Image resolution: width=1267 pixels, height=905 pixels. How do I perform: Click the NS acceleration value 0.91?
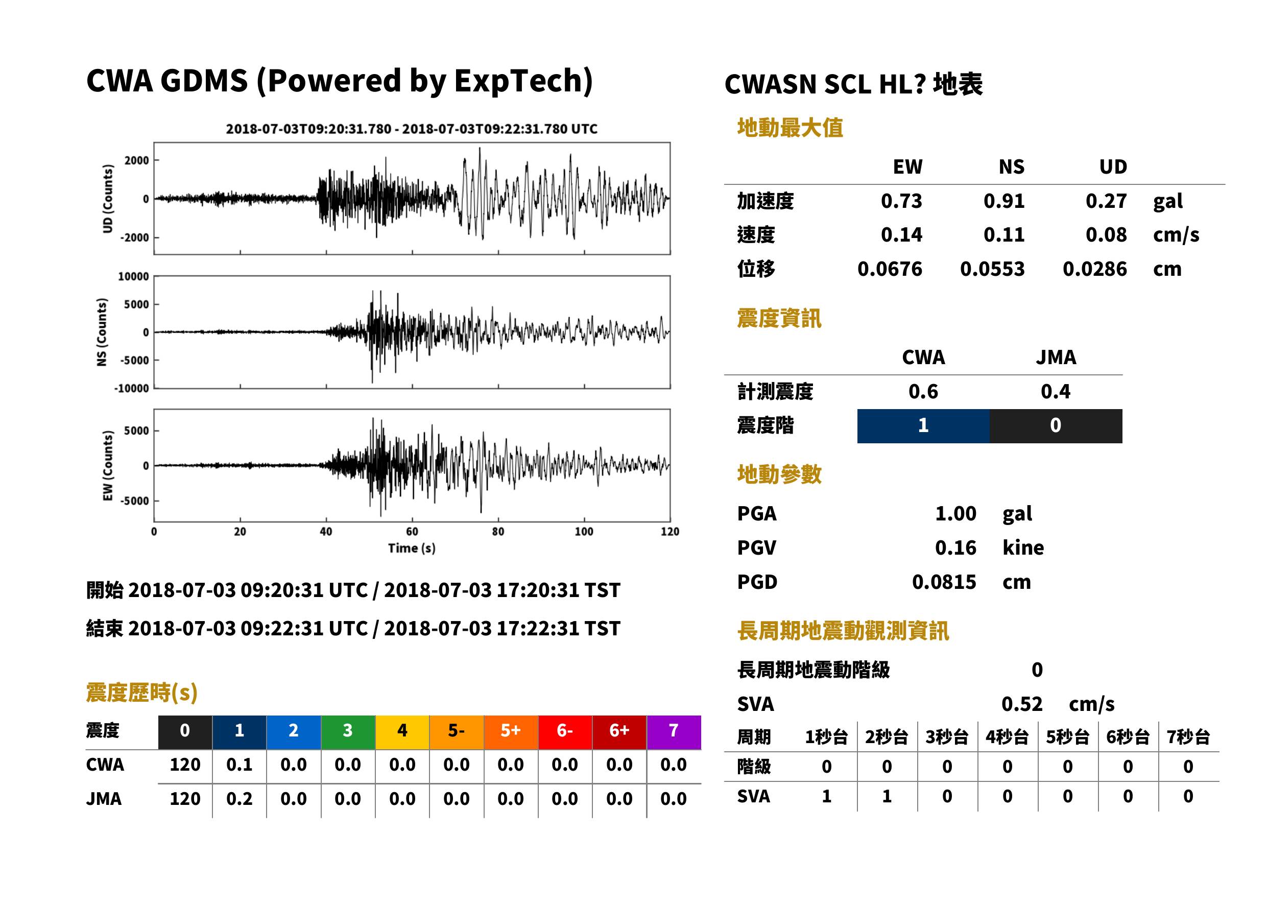click(x=1003, y=201)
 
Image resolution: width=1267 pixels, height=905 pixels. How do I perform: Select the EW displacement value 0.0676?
click(x=889, y=269)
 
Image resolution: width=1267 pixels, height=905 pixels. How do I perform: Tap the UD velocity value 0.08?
click(x=1106, y=234)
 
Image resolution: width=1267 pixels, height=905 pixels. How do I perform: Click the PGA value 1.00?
click(x=955, y=513)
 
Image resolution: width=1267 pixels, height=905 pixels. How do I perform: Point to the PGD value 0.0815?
click(x=944, y=582)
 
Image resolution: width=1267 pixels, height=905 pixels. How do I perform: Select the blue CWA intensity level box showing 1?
click(x=923, y=426)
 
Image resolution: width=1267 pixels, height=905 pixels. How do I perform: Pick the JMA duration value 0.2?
click(x=239, y=799)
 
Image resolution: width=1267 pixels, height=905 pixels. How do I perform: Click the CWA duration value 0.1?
click(x=239, y=765)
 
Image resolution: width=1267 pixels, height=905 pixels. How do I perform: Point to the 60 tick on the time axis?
click(x=412, y=532)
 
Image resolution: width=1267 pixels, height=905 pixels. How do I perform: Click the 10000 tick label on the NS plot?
click(x=133, y=276)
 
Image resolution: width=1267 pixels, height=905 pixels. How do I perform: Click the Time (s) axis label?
click(x=412, y=549)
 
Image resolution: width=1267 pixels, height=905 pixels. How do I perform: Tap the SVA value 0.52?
click(x=1021, y=704)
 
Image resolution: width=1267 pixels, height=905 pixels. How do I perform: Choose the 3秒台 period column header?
click(x=947, y=736)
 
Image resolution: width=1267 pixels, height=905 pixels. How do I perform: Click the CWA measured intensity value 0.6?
click(x=923, y=391)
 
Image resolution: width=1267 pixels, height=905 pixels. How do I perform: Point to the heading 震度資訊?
click(x=779, y=318)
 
